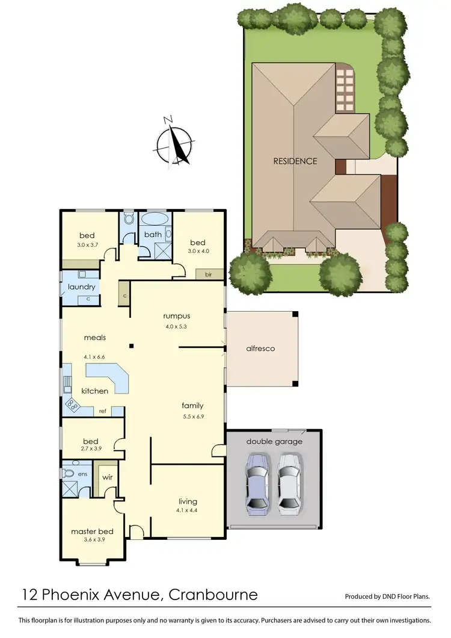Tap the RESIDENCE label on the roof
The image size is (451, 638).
[x=295, y=161]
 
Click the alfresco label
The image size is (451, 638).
[x=260, y=348]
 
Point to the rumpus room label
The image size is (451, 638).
[x=177, y=315]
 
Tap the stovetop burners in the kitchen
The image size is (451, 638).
[x=73, y=404]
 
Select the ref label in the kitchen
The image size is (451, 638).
[x=102, y=412]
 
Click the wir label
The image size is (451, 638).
[x=108, y=477]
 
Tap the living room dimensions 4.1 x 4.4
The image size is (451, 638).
[x=188, y=510]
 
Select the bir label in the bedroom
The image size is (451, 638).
[x=208, y=274]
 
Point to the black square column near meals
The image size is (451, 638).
[x=131, y=345]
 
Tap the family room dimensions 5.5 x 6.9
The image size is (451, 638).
[x=194, y=415]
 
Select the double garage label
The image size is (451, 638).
[x=274, y=441]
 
